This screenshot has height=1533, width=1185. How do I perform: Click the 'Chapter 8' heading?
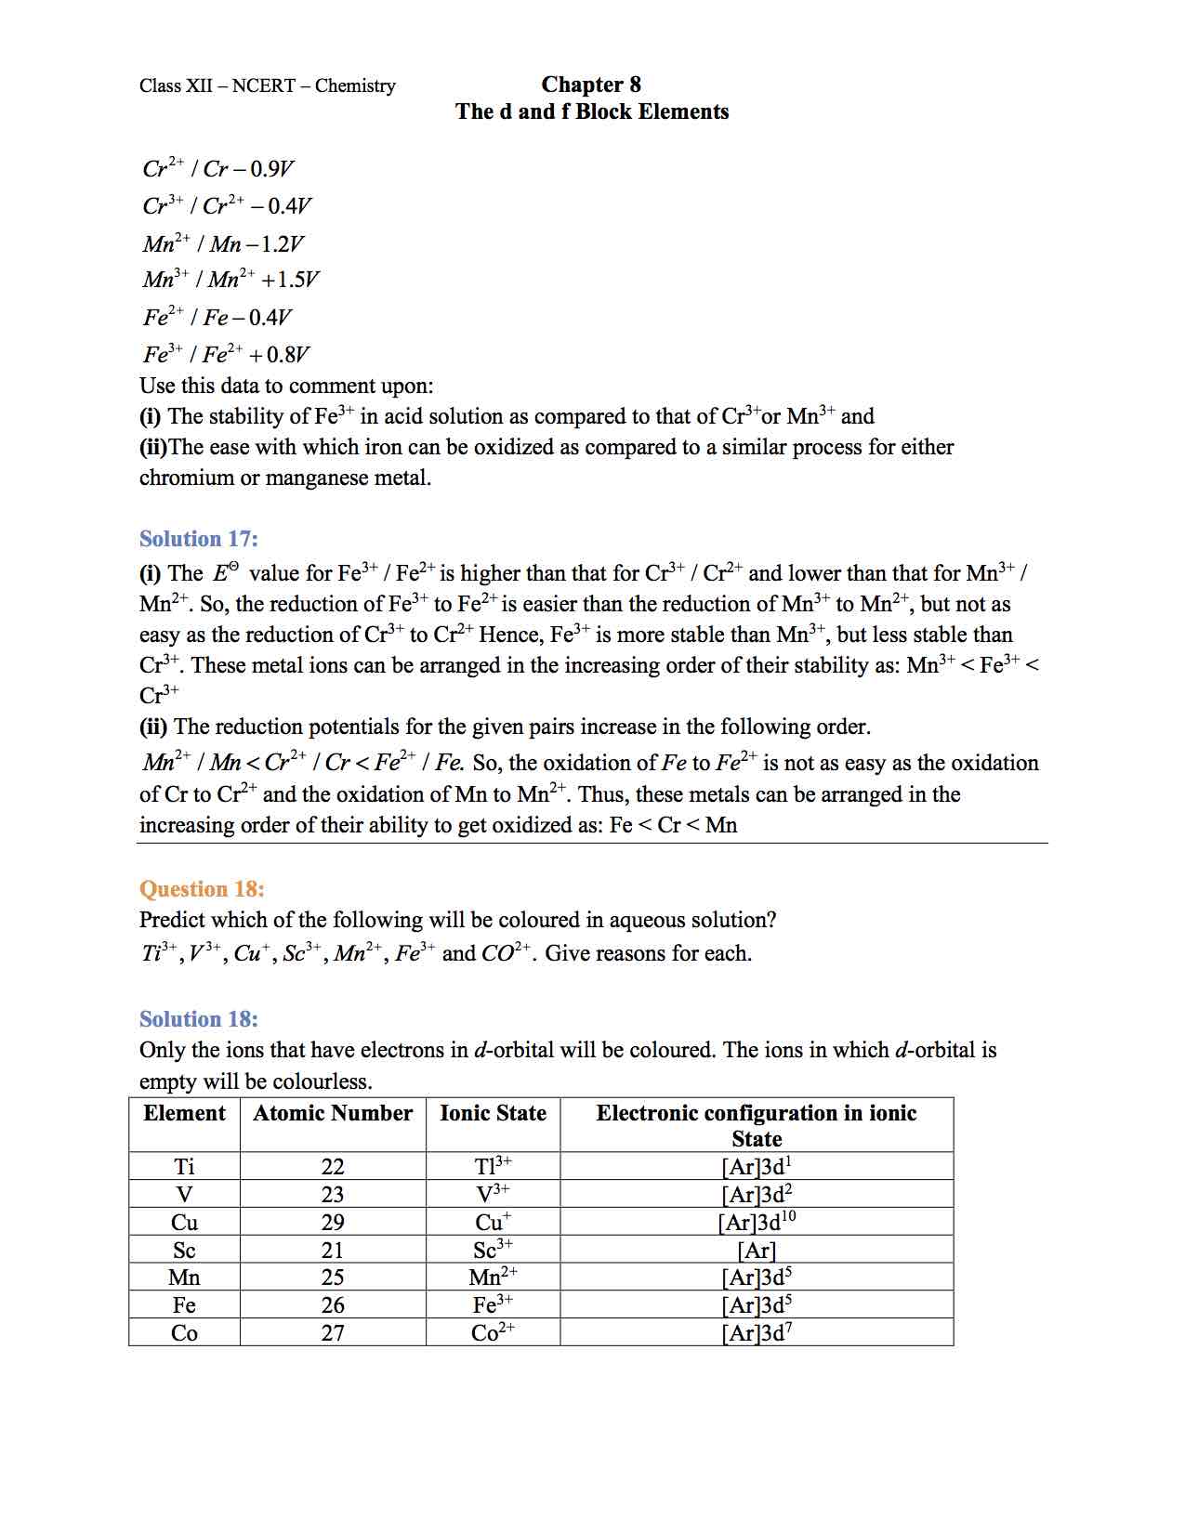pyautogui.click(x=591, y=85)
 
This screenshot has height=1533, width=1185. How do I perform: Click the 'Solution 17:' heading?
pyautogui.click(x=198, y=539)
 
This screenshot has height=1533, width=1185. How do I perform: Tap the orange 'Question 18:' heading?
pyautogui.click(x=202, y=889)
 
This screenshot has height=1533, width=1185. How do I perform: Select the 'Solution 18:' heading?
pyautogui.click(x=198, y=1019)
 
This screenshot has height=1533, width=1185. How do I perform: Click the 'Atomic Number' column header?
pyautogui.click(x=333, y=1113)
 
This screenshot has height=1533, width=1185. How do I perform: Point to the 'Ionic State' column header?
pyautogui.click(x=493, y=1113)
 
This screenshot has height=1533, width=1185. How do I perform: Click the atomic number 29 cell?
pyautogui.click(x=333, y=1223)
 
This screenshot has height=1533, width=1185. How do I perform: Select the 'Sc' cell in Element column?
pyautogui.click(x=184, y=1251)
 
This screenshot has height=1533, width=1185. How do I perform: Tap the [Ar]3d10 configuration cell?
pyautogui.click(x=757, y=1222)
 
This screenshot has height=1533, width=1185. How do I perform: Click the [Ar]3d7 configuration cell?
pyautogui.click(x=757, y=1333)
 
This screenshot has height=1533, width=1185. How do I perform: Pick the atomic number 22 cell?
pyautogui.click(x=333, y=1167)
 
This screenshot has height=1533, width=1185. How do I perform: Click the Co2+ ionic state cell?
pyautogui.click(x=493, y=1333)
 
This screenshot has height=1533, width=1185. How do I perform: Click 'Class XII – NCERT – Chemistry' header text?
pyautogui.click(x=267, y=86)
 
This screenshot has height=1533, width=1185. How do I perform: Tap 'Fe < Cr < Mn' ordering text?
pyautogui.click(x=673, y=825)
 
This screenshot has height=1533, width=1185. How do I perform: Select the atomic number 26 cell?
pyautogui.click(x=333, y=1305)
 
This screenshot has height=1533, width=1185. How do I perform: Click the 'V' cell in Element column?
pyautogui.click(x=184, y=1195)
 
